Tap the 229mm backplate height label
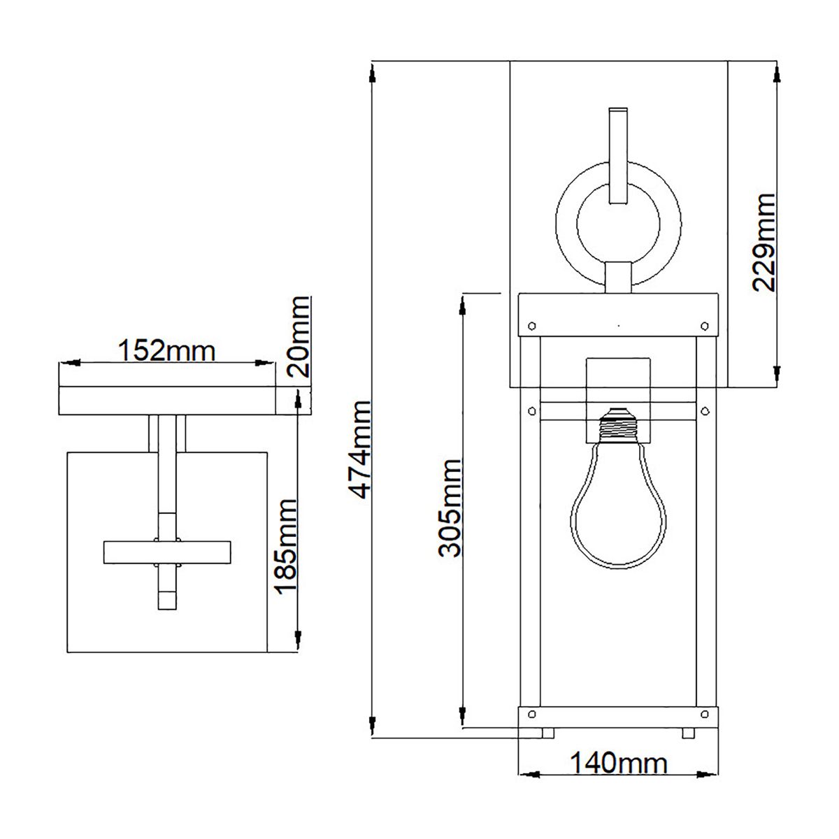(x=763, y=242)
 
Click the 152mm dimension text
(x=166, y=350)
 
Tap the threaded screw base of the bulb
(x=618, y=424)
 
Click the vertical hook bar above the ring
(x=618, y=155)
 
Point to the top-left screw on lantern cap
(x=531, y=325)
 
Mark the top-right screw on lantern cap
(x=705, y=325)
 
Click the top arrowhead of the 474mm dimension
(x=373, y=71)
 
